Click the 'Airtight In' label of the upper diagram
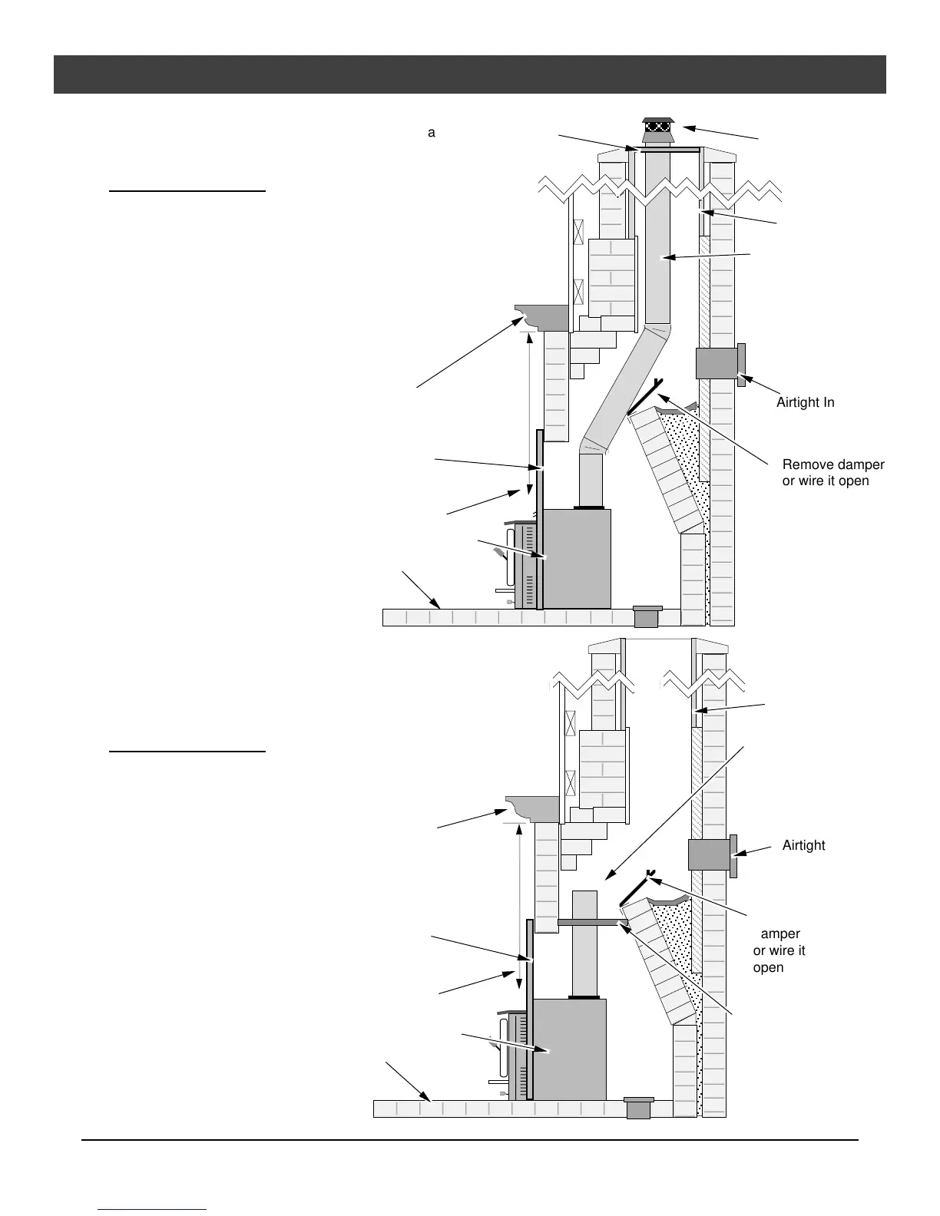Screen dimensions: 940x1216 point(805,402)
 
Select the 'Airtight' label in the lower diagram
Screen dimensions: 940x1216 point(803,845)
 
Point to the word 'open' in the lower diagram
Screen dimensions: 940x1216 point(768,967)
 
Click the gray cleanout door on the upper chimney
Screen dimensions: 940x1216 point(720,364)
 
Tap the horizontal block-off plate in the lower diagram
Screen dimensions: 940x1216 point(588,922)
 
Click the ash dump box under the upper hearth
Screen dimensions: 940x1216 point(647,616)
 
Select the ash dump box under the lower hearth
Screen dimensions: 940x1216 point(638,1108)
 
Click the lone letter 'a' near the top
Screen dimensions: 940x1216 point(432,133)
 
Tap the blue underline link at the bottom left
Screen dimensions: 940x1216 point(153,1209)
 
